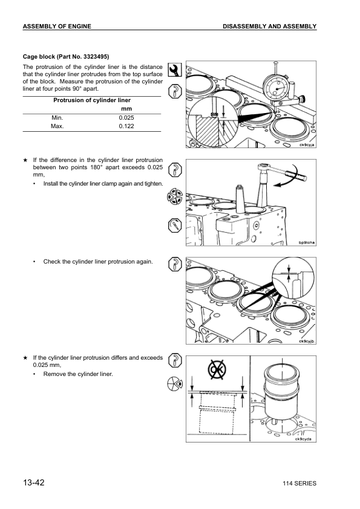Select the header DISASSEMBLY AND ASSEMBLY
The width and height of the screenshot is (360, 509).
tap(269, 27)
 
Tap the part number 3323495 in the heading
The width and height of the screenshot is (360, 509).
tap(91, 56)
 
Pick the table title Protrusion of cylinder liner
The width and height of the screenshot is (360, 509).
tap(92, 100)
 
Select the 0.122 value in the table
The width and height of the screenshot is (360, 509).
tap(126, 126)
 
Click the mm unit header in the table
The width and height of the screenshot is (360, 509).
tap(126, 108)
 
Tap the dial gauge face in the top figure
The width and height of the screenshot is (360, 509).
tap(277, 86)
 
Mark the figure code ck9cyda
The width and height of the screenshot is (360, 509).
tap(303, 439)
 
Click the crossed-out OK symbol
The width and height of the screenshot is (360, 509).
tap(216, 369)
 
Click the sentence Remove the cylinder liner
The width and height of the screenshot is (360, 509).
tap(78, 374)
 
